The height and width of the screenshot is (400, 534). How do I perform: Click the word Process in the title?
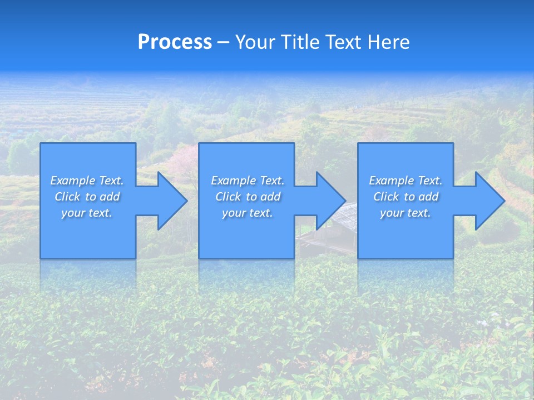(175, 42)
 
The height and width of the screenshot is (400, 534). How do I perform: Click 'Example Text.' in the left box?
(87, 181)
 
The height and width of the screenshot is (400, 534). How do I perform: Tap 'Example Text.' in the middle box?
(247, 181)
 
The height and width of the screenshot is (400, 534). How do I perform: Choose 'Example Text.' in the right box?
(406, 181)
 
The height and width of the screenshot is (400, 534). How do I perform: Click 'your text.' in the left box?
(87, 213)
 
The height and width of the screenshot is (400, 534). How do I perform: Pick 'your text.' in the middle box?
(247, 213)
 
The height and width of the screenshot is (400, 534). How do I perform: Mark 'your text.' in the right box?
(406, 213)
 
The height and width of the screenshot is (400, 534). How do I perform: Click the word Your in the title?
(254, 42)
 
